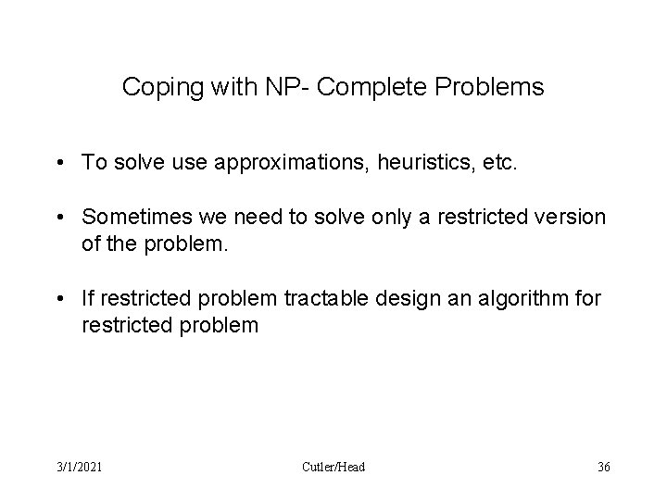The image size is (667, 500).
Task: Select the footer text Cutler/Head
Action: [333, 467]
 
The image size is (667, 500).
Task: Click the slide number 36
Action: [603, 467]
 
